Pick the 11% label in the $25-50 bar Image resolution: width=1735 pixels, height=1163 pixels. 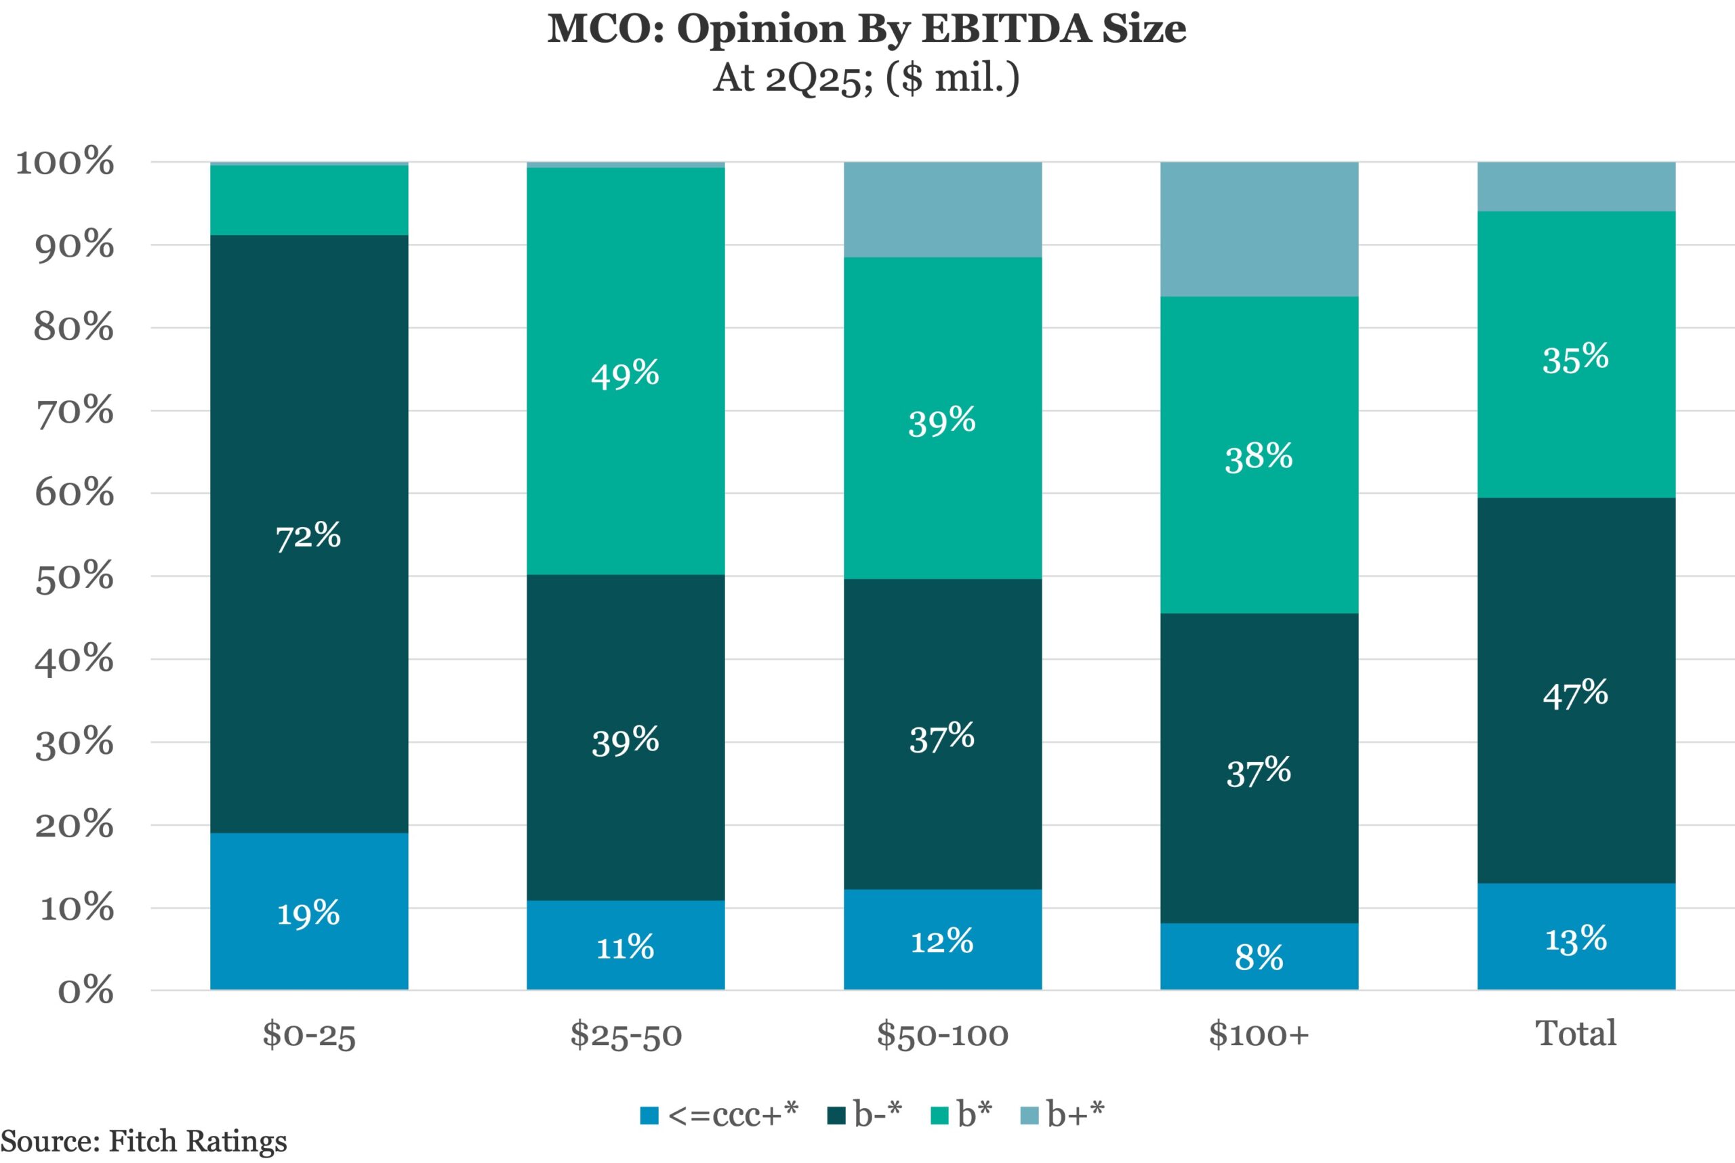pos(625,947)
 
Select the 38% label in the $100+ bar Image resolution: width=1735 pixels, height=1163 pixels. pos(1259,455)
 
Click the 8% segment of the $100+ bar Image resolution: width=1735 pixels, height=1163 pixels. pos(1259,957)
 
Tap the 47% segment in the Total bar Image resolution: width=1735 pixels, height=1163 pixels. pos(1576,694)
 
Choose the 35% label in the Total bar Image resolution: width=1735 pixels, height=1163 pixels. pos(1576,358)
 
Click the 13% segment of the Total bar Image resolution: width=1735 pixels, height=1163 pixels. pos(1576,938)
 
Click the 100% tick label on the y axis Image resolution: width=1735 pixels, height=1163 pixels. pos(65,162)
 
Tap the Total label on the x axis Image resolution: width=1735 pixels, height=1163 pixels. pos(1576,1032)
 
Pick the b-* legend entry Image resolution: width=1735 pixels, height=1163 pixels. pos(865,1114)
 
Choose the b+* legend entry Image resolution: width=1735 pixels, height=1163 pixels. pos(1063,1114)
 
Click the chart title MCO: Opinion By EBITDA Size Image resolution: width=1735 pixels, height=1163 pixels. pos(867,29)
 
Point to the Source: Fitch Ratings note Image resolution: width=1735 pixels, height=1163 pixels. pos(143,1141)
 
